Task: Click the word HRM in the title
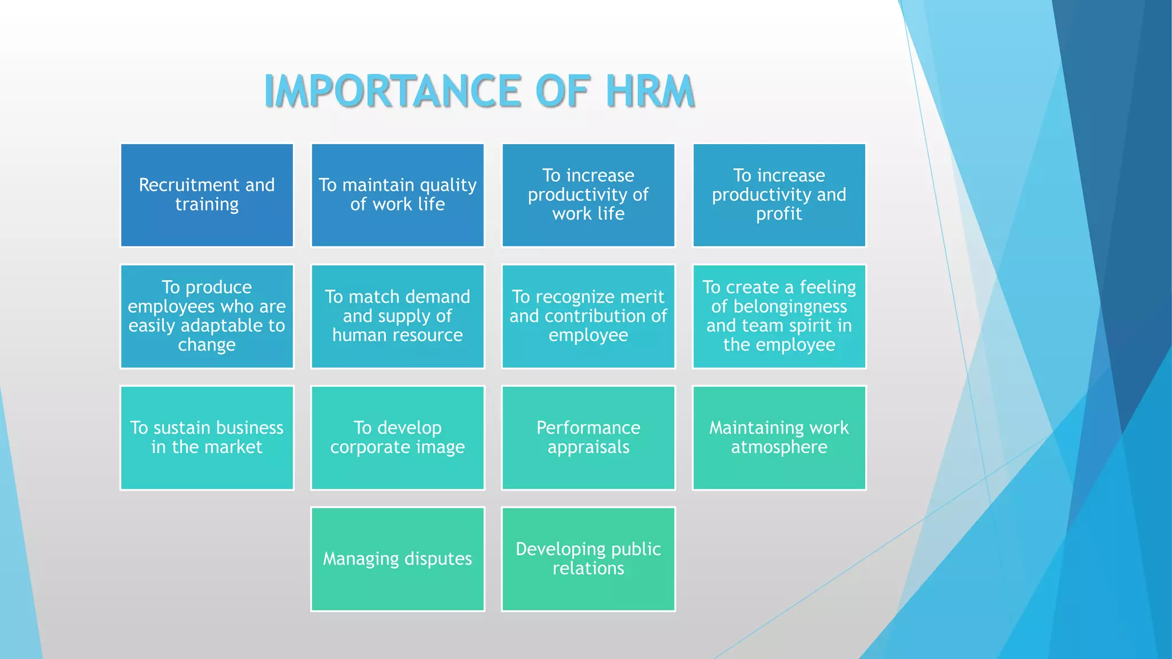(x=650, y=91)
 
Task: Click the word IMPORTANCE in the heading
(x=393, y=91)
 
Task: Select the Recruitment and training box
(x=207, y=195)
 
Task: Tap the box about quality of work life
(x=397, y=195)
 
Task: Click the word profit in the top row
(x=779, y=214)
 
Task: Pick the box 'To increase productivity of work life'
(x=588, y=195)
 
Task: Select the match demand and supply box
(x=397, y=316)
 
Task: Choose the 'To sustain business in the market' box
(x=207, y=438)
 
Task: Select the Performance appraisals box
(x=588, y=438)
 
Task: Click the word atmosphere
(x=779, y=447)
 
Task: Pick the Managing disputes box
(x=397, y=559)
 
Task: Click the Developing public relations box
(x=588, y=559)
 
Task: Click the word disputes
(x=438, y=559)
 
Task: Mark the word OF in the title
(x=562, y=91)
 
